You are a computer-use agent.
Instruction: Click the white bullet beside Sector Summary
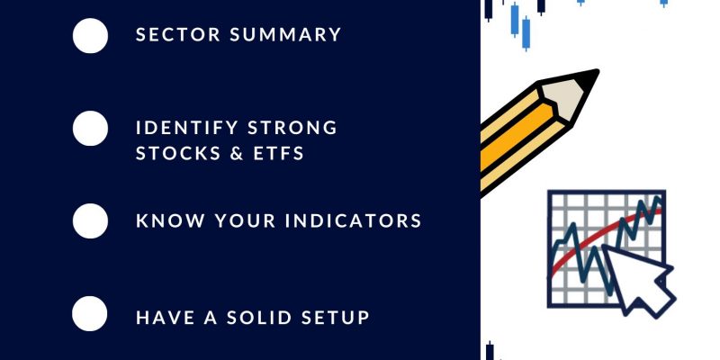(90, 35)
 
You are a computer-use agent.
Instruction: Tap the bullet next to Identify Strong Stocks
(90, 128)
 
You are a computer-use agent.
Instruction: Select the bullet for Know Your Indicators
(90, 220)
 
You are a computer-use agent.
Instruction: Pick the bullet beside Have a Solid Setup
(89, 313)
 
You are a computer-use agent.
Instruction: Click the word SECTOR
(177, 35)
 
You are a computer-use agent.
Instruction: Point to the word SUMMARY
(285, 35)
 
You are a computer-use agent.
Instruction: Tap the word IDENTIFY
(187, 128)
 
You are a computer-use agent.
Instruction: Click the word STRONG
(292, 128)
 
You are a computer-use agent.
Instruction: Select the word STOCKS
(177, 153)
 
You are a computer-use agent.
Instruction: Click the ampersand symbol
(236, 153)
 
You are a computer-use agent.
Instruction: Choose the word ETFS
(279, 153)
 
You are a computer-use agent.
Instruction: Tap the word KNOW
(170, 220)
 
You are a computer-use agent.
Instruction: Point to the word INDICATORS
(353, 220)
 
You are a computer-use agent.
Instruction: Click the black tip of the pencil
(589, 78)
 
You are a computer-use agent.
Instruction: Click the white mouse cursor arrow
(636, 279)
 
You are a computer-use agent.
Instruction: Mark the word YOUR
(245, 220)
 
